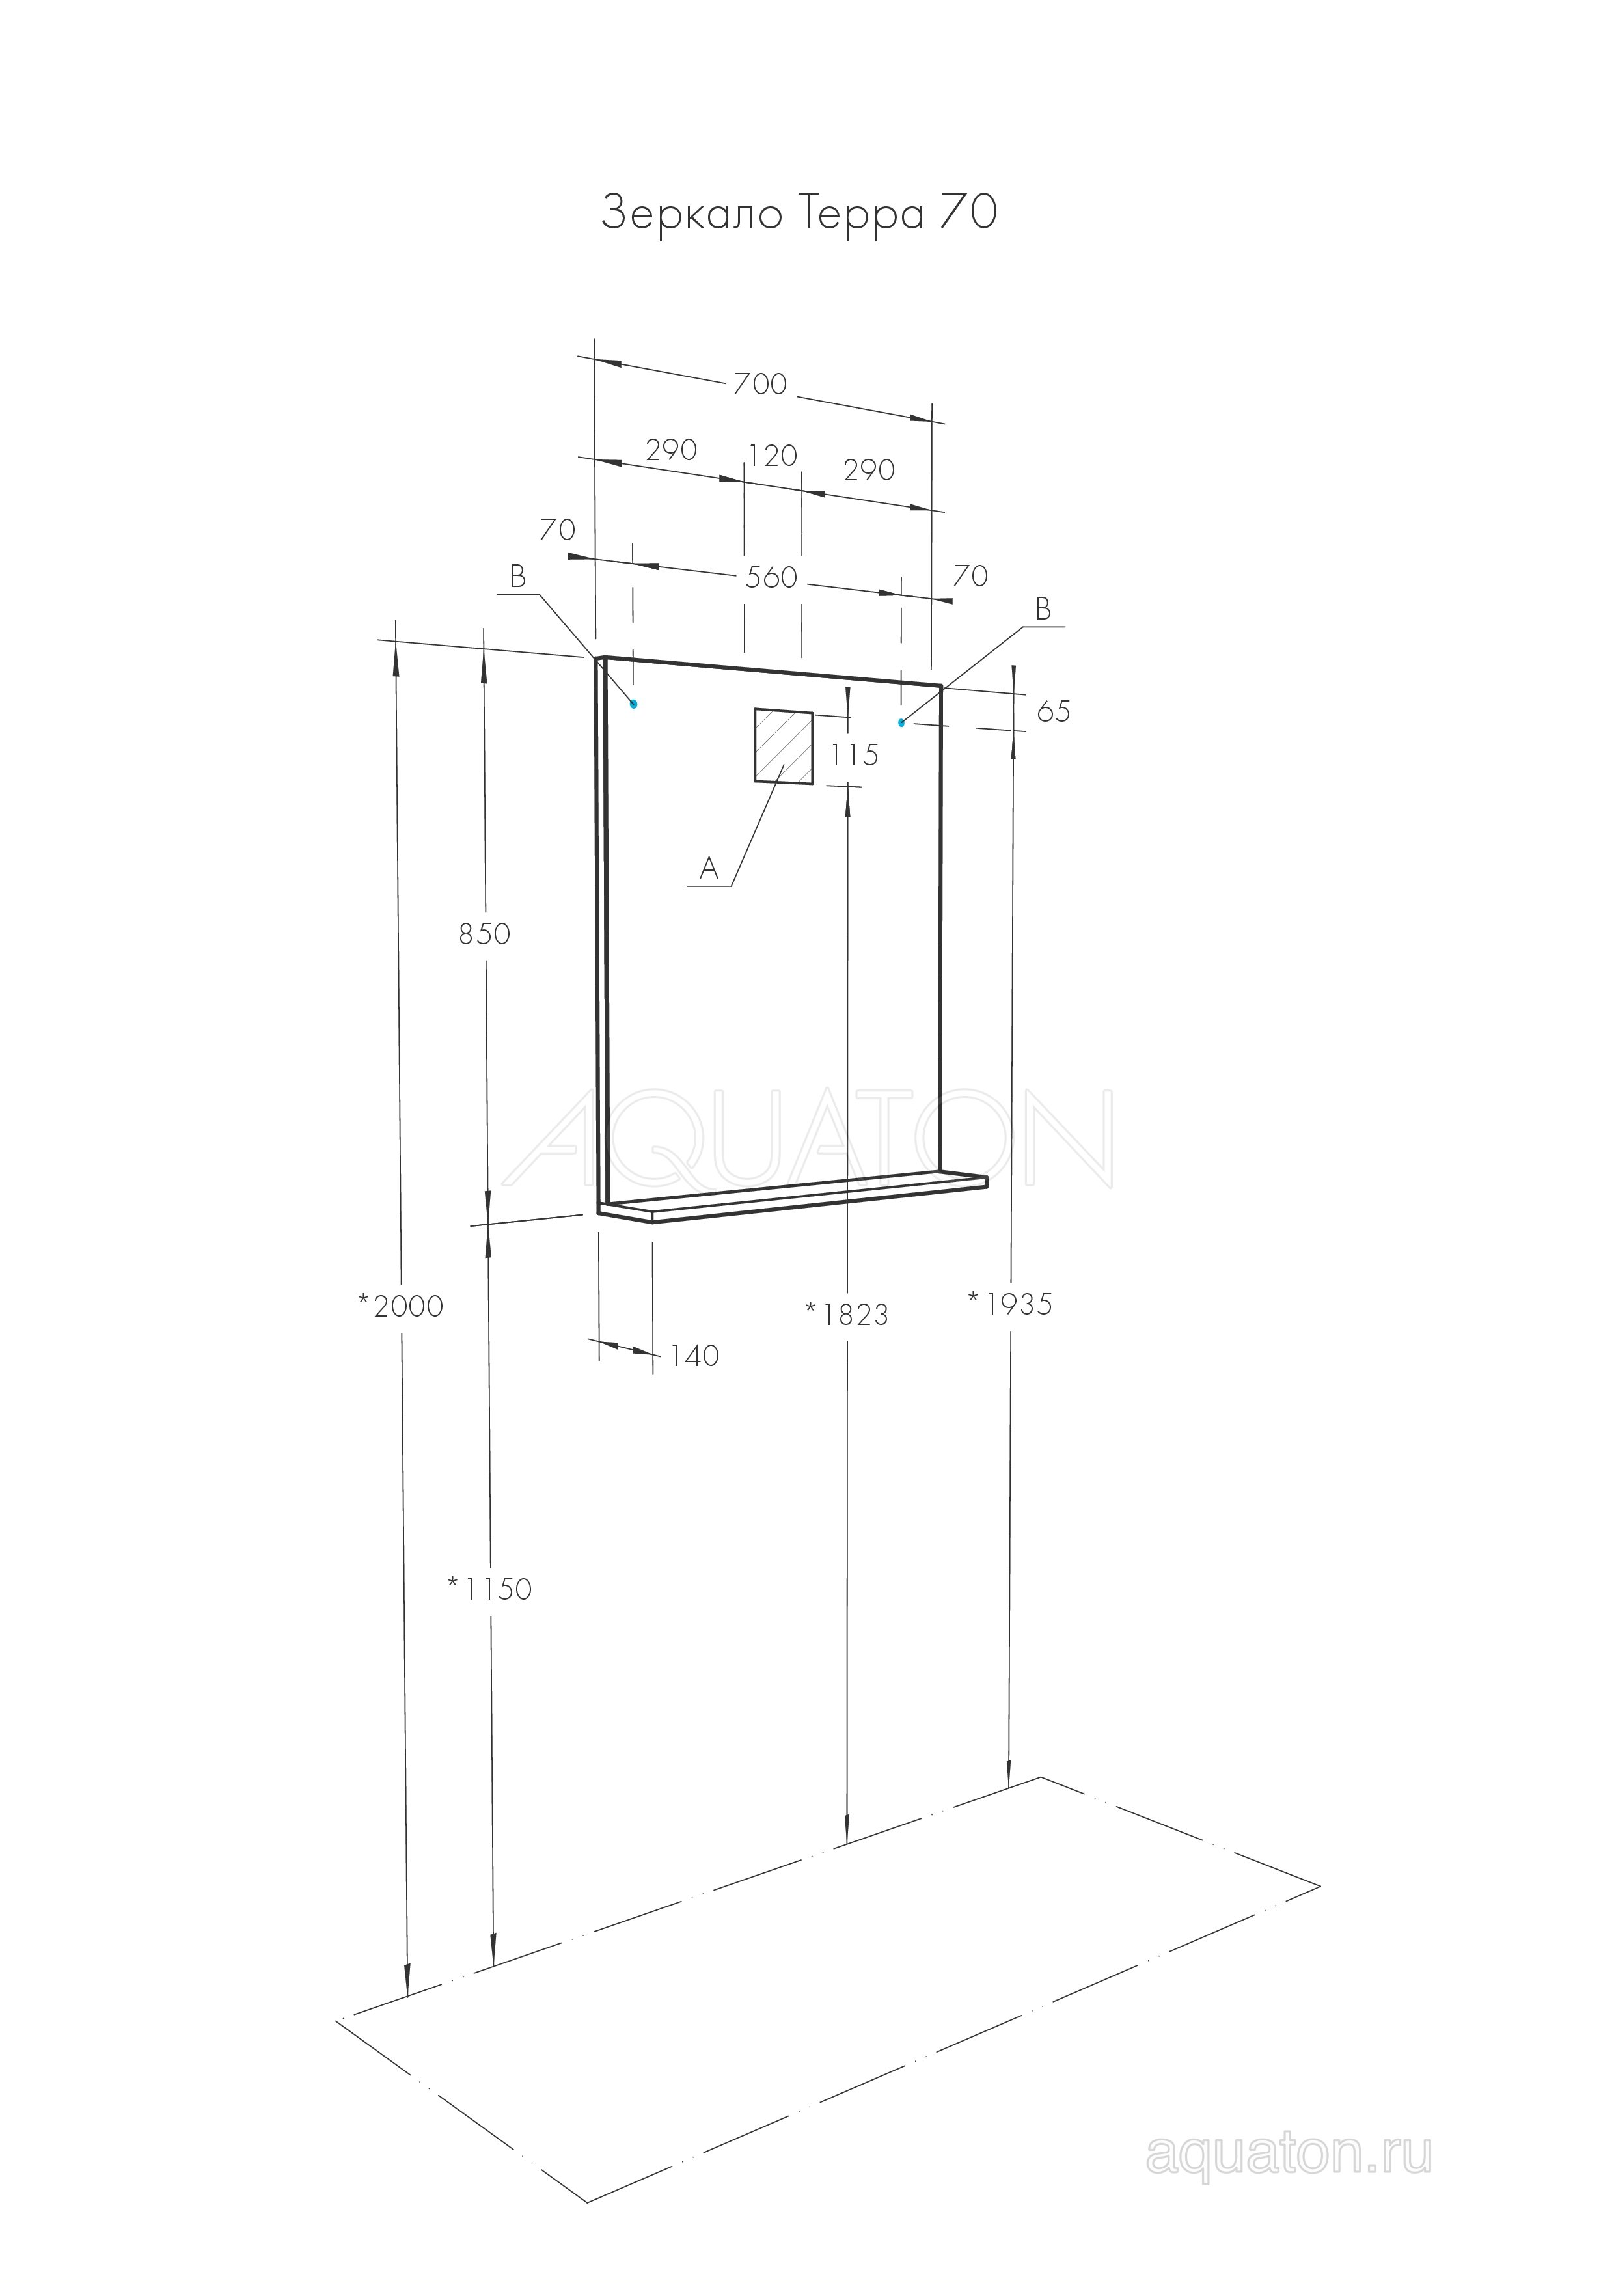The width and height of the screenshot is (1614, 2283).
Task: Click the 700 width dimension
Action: [759, 384]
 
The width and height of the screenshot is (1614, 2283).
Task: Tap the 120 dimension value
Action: [773, 456]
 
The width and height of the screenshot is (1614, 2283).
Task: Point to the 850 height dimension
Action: [484, 934]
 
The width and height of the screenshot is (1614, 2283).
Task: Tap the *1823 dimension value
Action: [846, 1315]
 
